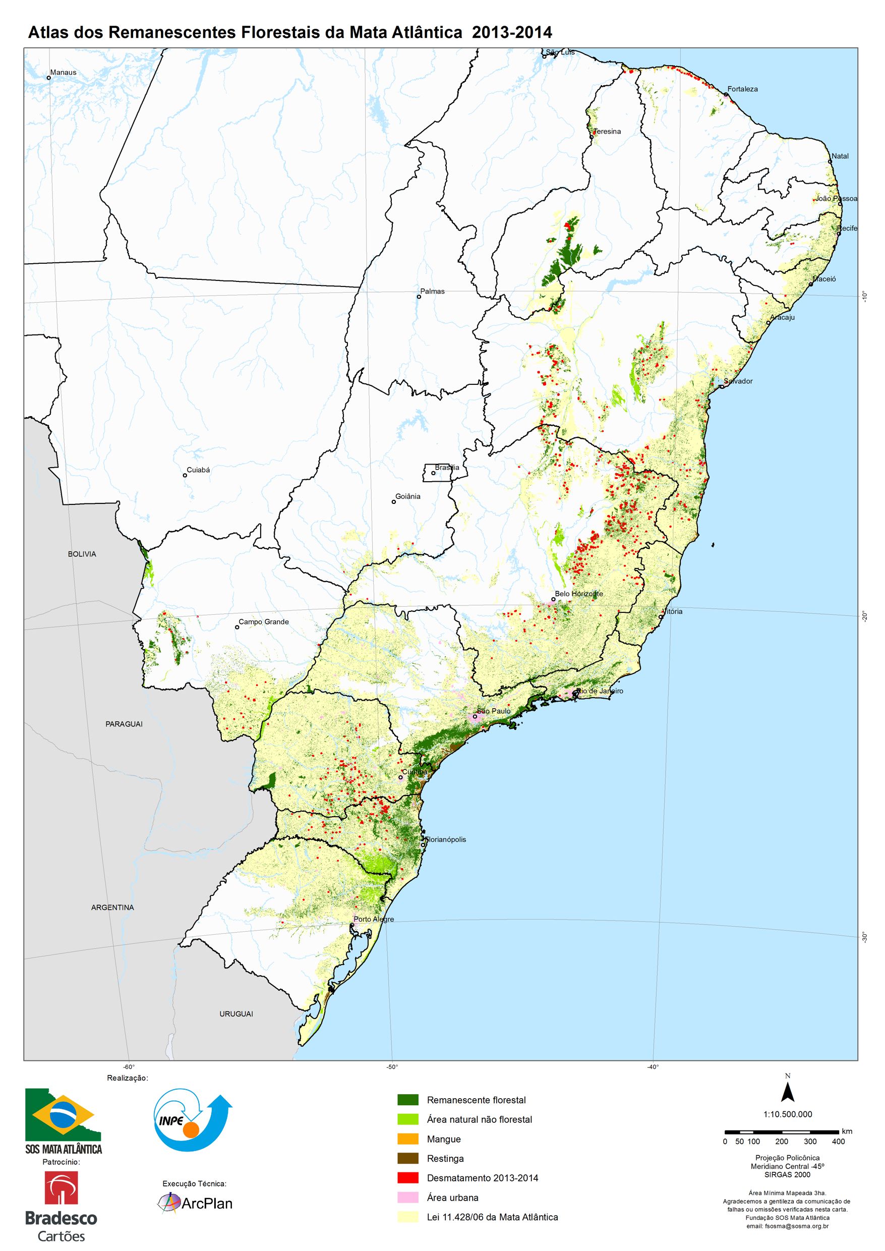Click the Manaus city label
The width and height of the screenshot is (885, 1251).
point(63,72)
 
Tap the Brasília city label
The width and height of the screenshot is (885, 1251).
point(447,468)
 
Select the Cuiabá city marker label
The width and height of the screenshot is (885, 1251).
point(198,469)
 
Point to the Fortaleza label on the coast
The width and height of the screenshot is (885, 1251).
point(742,89)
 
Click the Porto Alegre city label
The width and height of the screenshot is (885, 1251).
point(373,919)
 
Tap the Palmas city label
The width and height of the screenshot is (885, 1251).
point(432,291)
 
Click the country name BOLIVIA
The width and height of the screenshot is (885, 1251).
point(82,554)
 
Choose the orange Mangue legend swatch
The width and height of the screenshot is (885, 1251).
point(407,1139)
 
